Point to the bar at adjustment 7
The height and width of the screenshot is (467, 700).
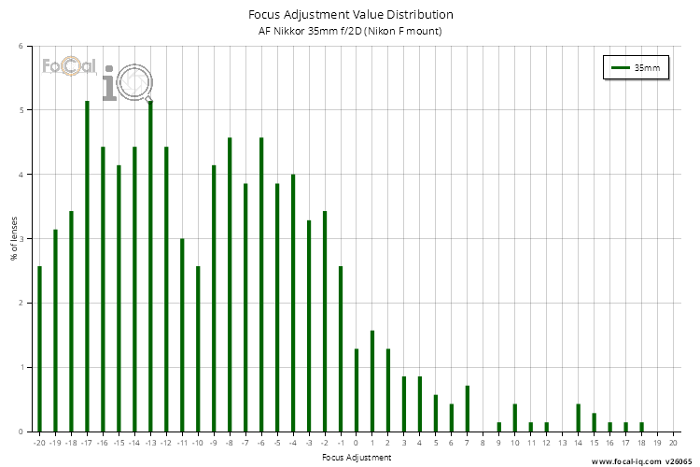click(467, 409)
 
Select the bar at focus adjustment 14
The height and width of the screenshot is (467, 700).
click(578, 418)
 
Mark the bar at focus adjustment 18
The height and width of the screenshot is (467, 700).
click(641, 427)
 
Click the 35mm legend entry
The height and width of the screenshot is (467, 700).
click(635, 68)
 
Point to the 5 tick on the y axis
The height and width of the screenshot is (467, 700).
click(21, 110)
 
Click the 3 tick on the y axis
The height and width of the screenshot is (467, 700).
click(21, 239)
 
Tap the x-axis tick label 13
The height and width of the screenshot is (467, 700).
click(562, 442)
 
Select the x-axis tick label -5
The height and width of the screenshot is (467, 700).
click(277, 442)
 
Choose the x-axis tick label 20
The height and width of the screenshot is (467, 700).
click(673, 442)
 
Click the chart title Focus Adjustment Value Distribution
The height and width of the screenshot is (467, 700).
click(351, 15)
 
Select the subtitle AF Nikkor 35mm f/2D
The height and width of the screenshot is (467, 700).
click(351, 32)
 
